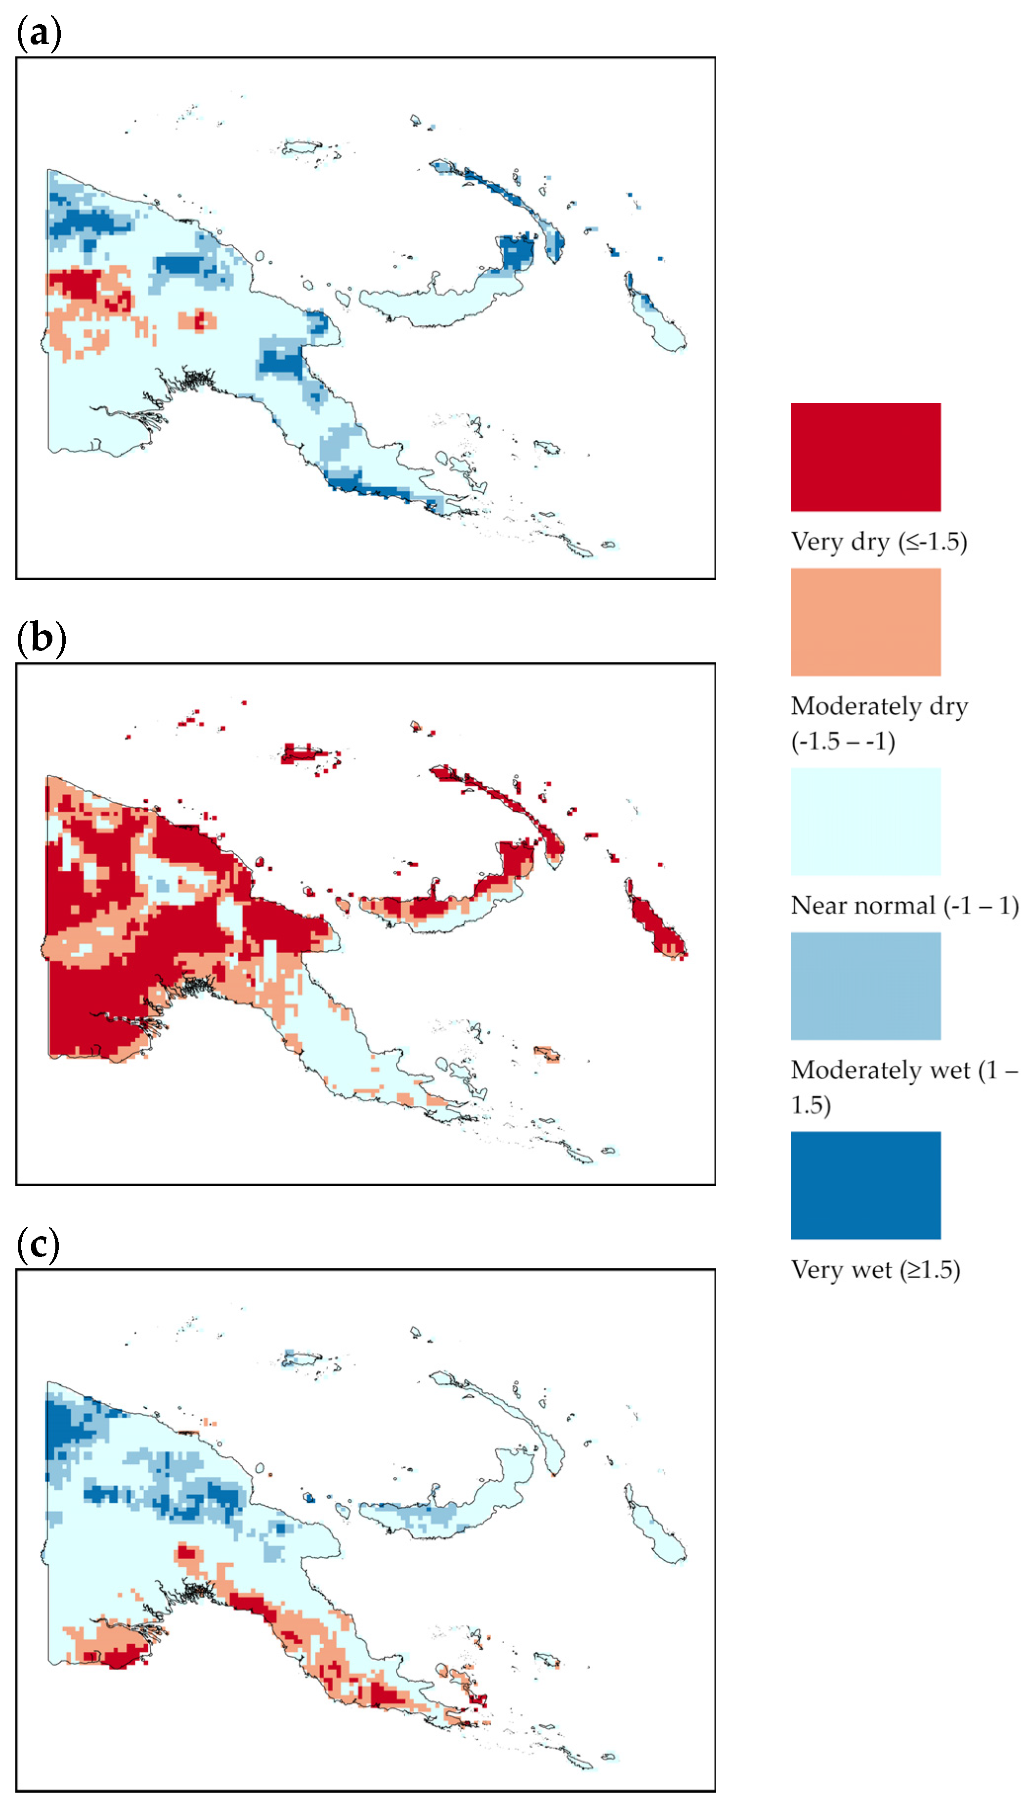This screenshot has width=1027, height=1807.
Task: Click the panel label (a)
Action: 39,33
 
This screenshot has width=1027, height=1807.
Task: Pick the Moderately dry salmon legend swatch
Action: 865,622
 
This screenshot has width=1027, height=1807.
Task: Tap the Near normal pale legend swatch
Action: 865,821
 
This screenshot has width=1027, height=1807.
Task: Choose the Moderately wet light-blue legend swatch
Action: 865,985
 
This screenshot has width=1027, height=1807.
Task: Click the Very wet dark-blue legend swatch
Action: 865,1185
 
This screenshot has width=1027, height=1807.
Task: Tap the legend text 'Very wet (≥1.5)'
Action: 875,1269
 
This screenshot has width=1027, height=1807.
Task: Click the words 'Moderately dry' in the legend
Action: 878,706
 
